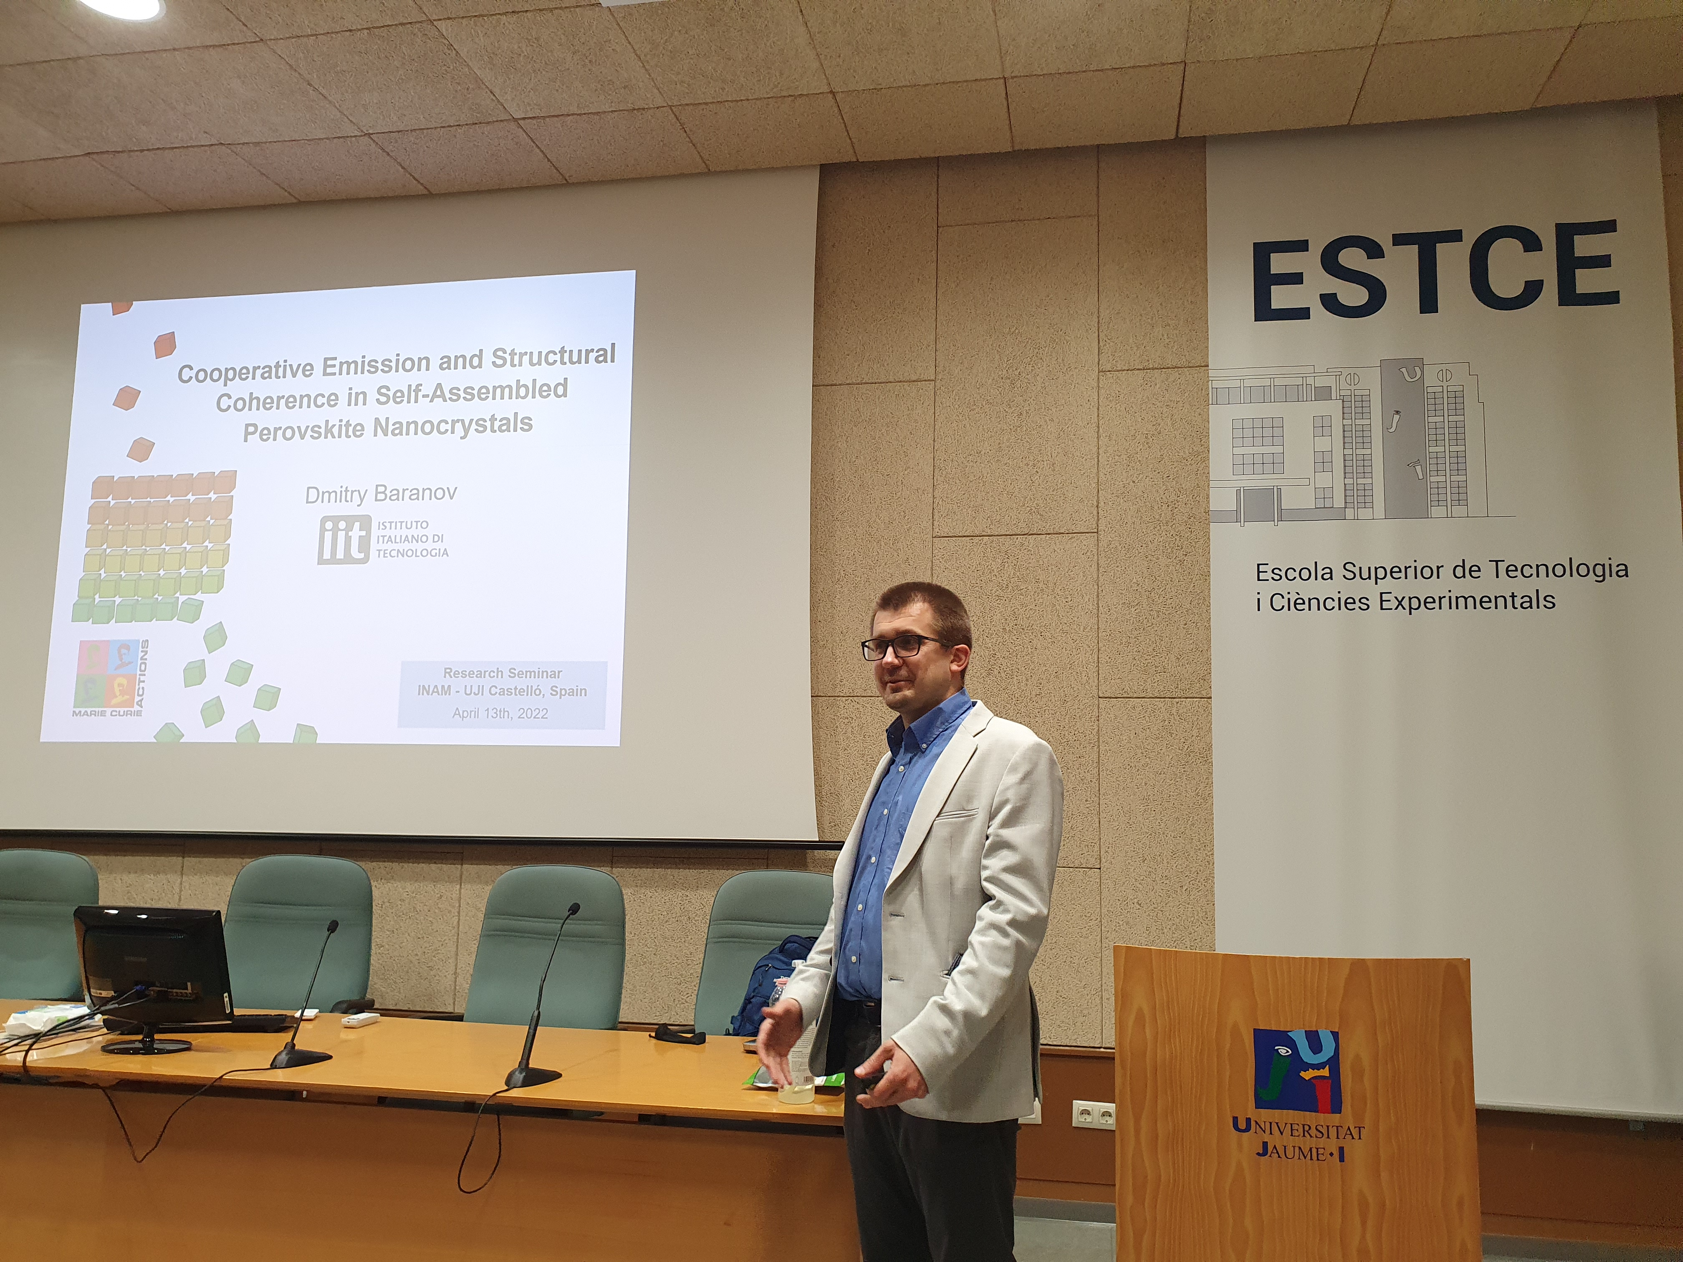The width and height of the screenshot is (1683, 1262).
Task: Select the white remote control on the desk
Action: (359, 1020)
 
